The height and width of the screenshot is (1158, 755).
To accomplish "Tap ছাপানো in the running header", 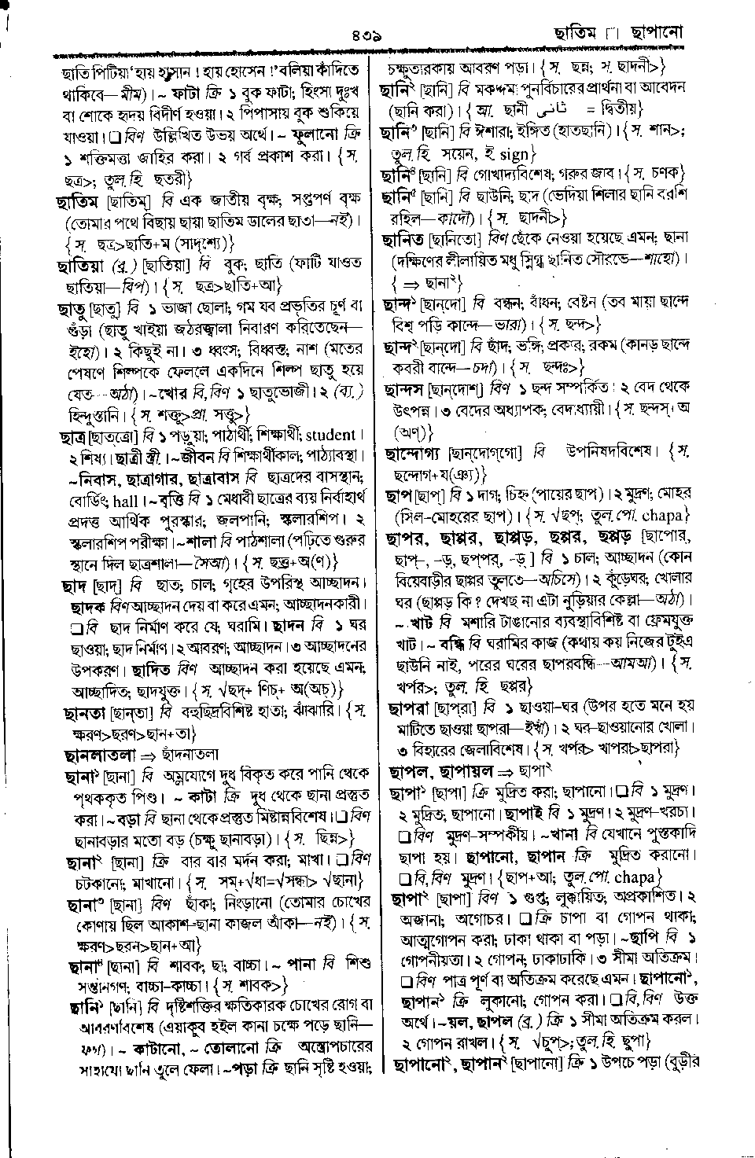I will [x=652, y=34].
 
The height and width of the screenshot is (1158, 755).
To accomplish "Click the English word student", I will [x=330, y=436].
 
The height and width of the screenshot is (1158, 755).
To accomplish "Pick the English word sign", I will [x=515, y=154].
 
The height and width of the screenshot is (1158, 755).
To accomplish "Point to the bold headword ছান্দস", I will [x=414, y=389].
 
